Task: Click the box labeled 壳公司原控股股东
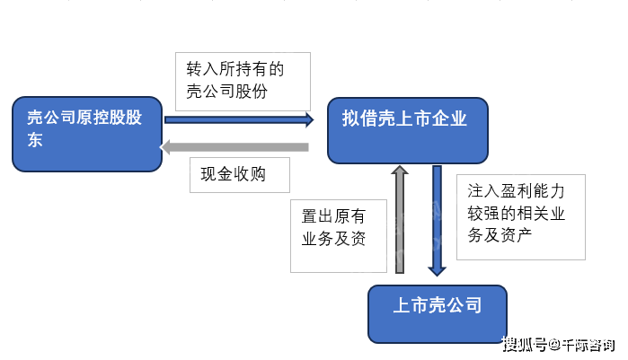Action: [x=87, y=134]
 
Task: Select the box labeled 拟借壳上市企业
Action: [x=408, y=130]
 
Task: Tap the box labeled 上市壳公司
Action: [x=438, y=314]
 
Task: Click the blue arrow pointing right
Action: [x=239, y=119]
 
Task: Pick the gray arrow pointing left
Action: [x=234, y=147]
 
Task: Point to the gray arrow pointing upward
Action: [x=399, y=220]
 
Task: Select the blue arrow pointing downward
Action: [x=437, y=221]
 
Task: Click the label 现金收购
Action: [x=233, y=174]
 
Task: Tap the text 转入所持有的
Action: [x=235, y=69]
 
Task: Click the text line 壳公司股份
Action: [x=226, y=92]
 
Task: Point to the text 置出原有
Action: [x=333, y=216]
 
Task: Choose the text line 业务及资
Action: [x=333, y=239]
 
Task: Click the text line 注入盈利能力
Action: [x=516, y=191]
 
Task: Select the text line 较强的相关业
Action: [x=516, y=213]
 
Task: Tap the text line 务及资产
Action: [x=500, y=235]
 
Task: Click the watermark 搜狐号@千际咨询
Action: [x=558, y=345]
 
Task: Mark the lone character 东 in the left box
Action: [x=35, y=140]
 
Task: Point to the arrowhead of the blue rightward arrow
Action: [x=310, y=119]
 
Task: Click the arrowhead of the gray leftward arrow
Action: [x=164, y=147]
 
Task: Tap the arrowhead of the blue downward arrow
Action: [x=437, y=272]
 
